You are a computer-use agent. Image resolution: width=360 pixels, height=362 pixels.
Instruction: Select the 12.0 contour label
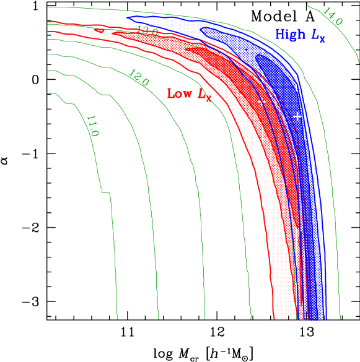pos(139,79)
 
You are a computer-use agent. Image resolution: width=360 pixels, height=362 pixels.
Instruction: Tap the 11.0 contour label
pos(92,126)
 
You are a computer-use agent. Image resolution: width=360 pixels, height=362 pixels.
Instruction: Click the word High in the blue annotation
pos(290,35)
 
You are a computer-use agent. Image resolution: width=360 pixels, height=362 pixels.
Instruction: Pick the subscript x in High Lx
pos(322,39)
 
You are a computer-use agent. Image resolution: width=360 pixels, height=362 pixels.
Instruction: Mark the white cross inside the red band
pos(261,101)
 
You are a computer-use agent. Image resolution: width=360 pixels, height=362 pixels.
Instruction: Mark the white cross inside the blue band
pos(297,116)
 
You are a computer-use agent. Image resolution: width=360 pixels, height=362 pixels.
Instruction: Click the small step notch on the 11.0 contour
pos(106,192)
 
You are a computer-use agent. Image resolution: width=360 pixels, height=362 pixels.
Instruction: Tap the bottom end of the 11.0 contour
pos(118,319)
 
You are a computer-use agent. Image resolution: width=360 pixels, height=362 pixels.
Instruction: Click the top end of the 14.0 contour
pos(308,3)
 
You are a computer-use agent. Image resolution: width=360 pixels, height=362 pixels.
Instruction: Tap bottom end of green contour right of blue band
pos(340,319)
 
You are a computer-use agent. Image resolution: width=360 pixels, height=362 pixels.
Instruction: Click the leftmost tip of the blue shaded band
pos(126,18)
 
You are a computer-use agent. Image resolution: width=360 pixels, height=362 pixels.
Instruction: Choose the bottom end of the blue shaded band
pos(313,319)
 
